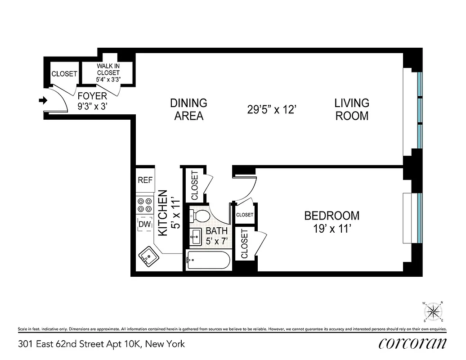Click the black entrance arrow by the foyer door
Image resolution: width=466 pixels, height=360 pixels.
tap(43, 101)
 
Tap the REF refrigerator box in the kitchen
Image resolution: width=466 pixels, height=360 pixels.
tap(145, 180)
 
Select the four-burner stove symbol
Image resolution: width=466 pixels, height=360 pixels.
tap(145, 205)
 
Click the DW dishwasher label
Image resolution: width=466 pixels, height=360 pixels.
tap(145, 224)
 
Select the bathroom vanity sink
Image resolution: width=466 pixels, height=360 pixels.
tap(196, 236)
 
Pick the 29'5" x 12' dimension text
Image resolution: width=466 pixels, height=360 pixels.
tap(271, 109)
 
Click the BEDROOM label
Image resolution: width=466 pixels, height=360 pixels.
tap(332, 216)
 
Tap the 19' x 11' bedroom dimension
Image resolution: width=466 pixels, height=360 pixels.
tap(332, 229)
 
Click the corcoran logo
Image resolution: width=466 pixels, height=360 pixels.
tap(412, 344)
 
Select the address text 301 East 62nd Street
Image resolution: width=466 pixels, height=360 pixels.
tap(101, 344)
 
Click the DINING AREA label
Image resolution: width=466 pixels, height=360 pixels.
tap(188, 109)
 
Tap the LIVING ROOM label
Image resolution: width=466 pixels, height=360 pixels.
tap(352, 109)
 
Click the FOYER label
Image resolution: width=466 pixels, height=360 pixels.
tap(92, 96)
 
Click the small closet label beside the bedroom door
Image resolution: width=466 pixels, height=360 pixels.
tap(245, 215)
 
